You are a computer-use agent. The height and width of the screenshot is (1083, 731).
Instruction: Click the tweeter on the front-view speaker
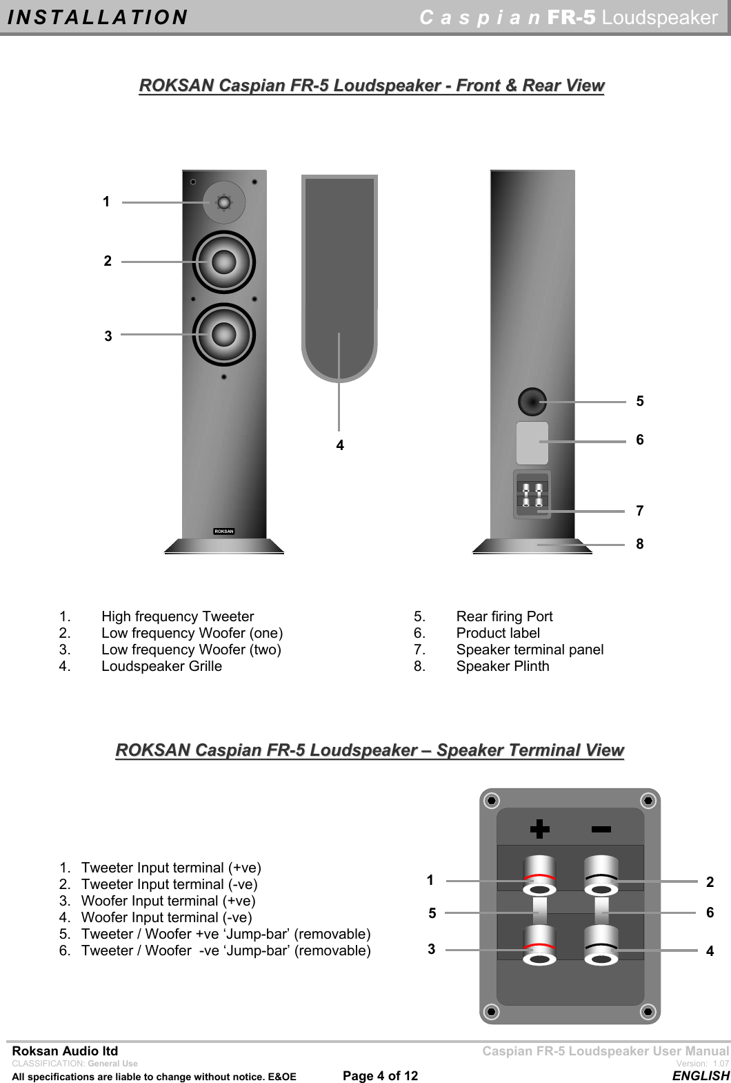tap(223, 202)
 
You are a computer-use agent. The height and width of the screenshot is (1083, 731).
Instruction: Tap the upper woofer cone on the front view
tap(223, 262)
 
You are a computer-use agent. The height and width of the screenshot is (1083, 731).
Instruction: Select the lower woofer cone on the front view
tap(223, 335)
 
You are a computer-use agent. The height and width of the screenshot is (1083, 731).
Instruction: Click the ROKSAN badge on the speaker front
tap(223, 531)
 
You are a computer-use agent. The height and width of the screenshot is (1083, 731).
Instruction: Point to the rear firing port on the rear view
tap(532, 401)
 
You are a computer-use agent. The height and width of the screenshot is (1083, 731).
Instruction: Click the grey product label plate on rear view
tap(532, 442)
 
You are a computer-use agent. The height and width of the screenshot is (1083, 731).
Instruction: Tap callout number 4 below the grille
tap(340, 446)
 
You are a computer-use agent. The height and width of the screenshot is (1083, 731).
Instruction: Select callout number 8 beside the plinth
tap(640, 544)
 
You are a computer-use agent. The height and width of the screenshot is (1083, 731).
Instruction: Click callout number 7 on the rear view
tap(640, 511)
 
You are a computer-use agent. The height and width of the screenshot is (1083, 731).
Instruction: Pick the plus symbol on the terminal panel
tap(539, 829)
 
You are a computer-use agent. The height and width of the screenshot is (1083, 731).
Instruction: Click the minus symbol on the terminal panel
tap(601, 829)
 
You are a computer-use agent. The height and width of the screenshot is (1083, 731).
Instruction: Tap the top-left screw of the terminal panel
tap(491, 801)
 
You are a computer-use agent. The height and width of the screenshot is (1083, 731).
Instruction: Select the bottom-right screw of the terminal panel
tap(648, 1012)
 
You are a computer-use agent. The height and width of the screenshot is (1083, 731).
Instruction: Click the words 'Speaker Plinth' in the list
tap(503, 666)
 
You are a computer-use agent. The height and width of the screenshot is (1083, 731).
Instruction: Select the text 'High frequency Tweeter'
tap(177, 616)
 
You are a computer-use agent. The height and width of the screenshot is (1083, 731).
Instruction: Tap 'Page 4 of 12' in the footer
tap(380, 1075)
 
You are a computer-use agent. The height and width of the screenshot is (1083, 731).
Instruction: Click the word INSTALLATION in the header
tap(97, 17)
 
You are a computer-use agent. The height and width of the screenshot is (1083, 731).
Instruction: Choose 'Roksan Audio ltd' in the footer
tap(65, 1051)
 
